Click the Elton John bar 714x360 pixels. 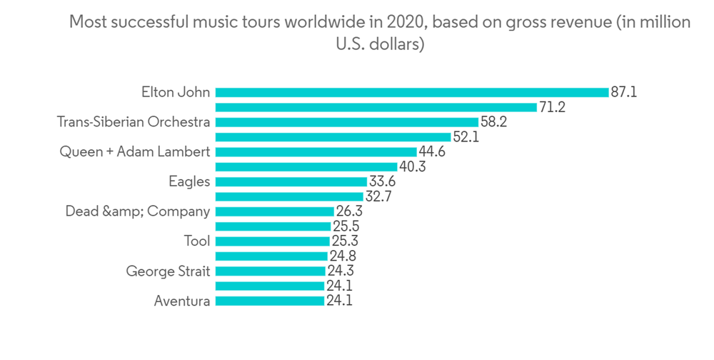pos(411,92)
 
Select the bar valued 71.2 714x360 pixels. pos(376,107)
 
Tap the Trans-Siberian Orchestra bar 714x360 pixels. pos(346,122)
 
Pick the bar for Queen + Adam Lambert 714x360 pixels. pos(316,152)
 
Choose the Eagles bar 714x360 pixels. pos(291,182)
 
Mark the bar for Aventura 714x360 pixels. pos(269,301)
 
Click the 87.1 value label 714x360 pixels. pos(624,92)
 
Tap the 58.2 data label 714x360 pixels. pos(494,122)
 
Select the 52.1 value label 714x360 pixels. pos(466,137)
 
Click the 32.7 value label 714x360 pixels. pos(378,197)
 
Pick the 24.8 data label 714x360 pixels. pos(342,256)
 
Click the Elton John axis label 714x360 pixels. pos(176,92)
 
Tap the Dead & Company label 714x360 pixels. pos(138,211)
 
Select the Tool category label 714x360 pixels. pos(197,241)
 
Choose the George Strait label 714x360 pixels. pos(168,271)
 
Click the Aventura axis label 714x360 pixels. pos(182,301)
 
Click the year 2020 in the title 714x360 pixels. pos(406,22)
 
